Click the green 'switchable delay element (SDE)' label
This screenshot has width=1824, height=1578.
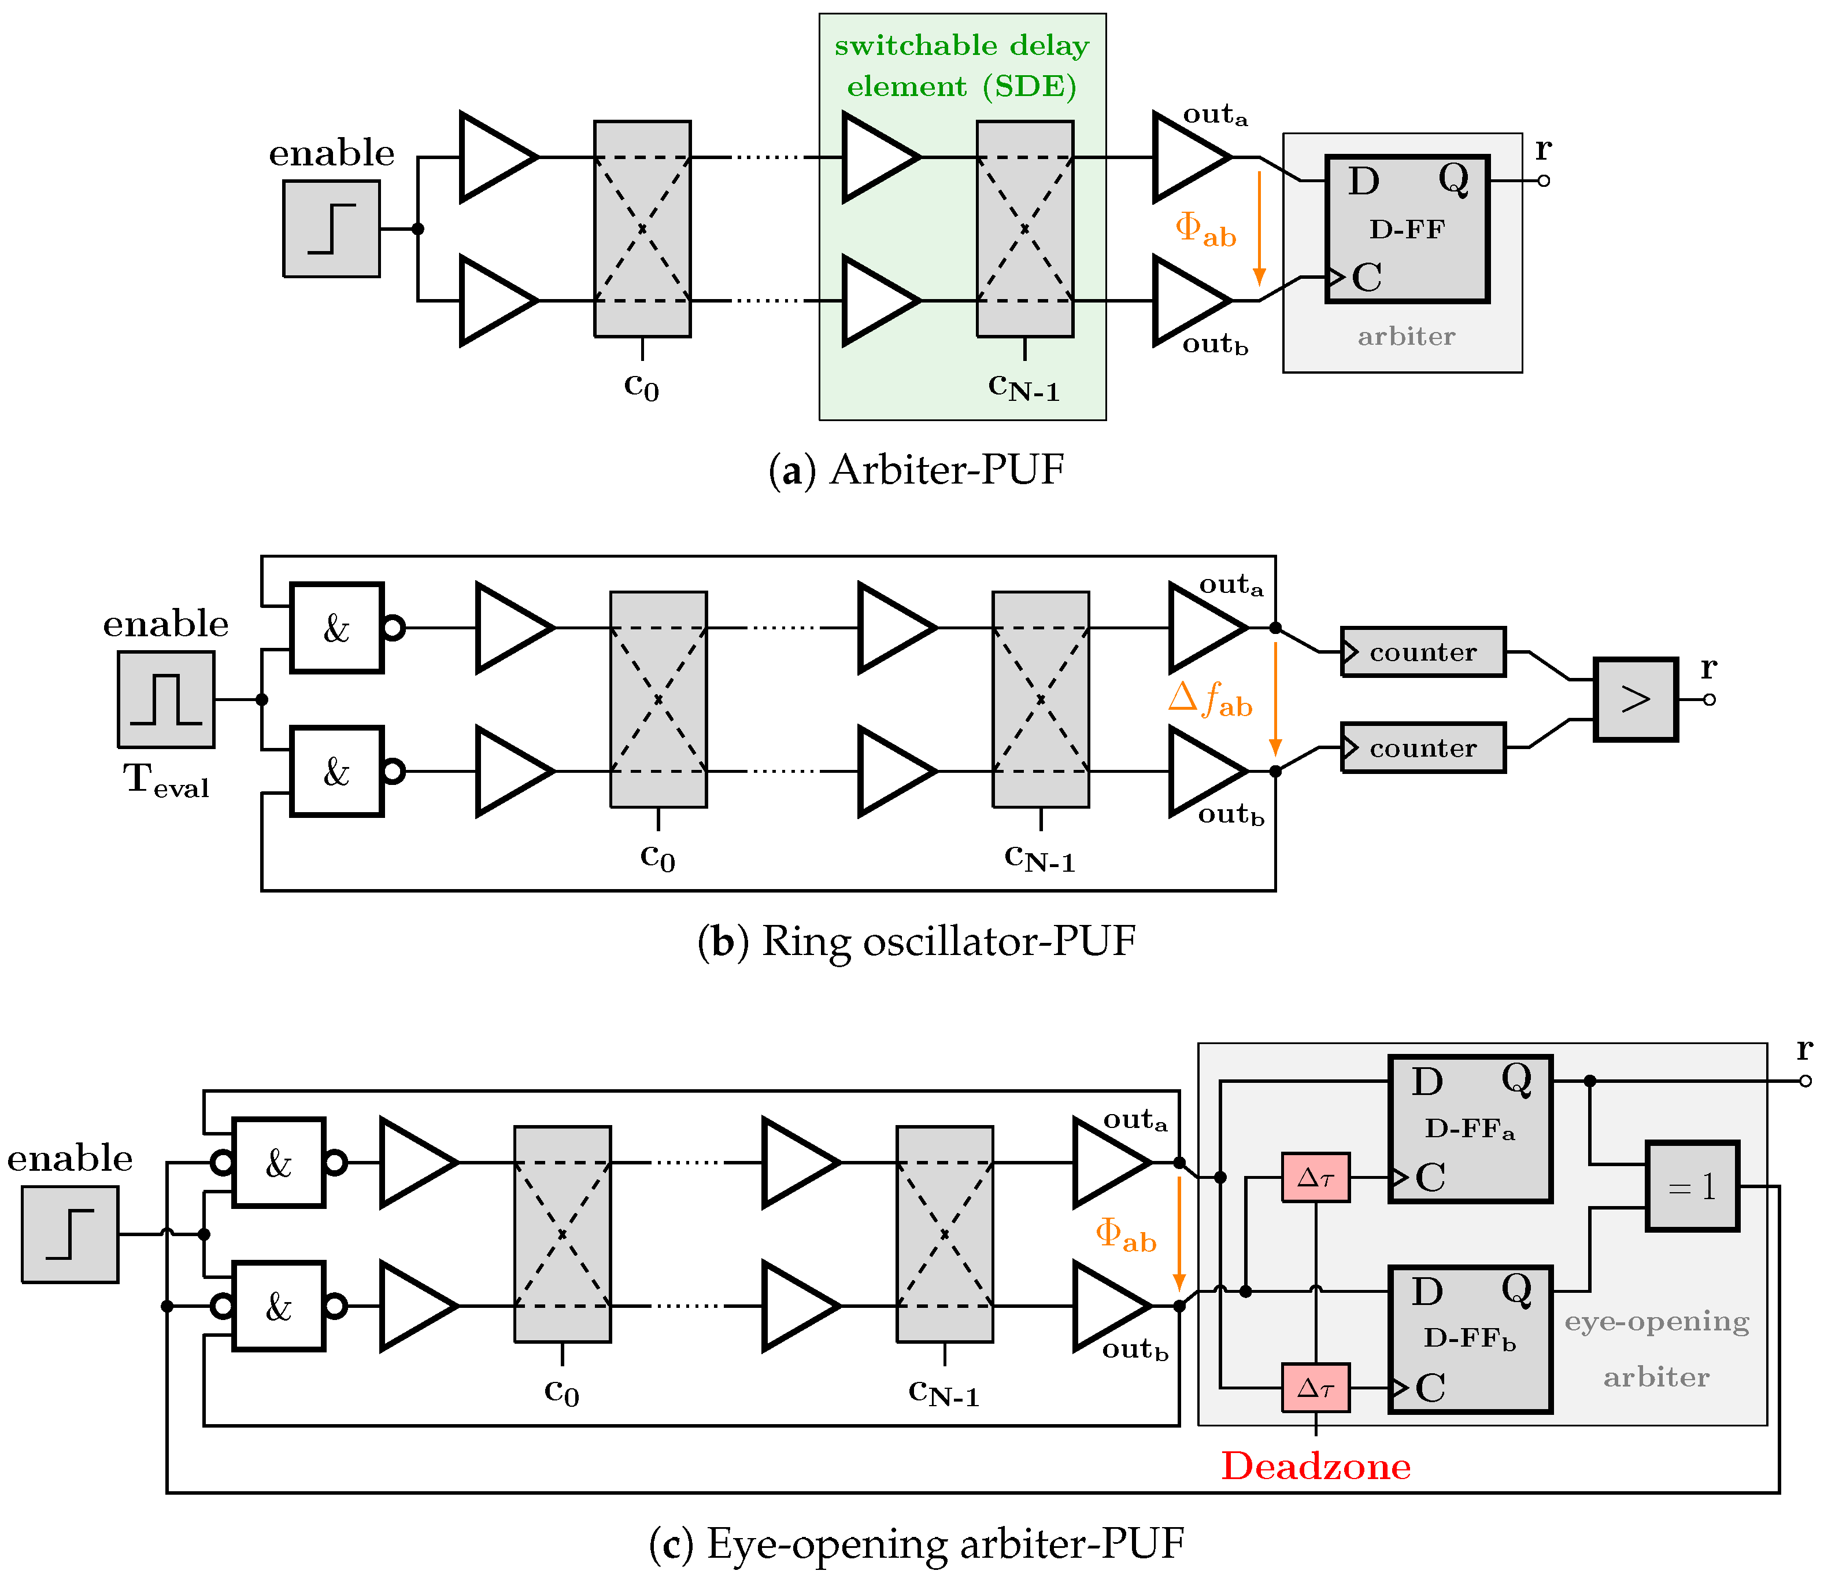pos(961,66)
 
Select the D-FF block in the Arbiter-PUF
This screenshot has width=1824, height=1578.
pos(1407,229)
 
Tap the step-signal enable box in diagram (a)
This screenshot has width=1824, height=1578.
pos(332,229)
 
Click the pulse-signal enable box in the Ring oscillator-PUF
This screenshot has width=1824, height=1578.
pos(167,699)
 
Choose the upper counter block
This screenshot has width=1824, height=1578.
pos(1423,652)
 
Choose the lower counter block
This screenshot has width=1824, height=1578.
pos(1423,747)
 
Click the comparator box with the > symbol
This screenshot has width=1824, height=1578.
pos(1636,699)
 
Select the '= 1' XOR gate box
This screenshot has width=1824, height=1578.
pos(1692,1186)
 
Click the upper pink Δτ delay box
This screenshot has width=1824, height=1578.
pos(1315,1177)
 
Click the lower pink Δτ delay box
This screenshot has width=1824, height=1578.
pos(1315,1388)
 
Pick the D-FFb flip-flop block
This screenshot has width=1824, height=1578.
pos(1469,1339)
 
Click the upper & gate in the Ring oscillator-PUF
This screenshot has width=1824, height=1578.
pos(336,628)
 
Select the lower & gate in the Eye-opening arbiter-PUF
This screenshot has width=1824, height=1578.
pos(278,1307)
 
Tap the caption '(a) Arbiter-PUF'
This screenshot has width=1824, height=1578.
pos(916,469)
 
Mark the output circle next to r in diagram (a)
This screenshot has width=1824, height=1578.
pos(1543,180)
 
